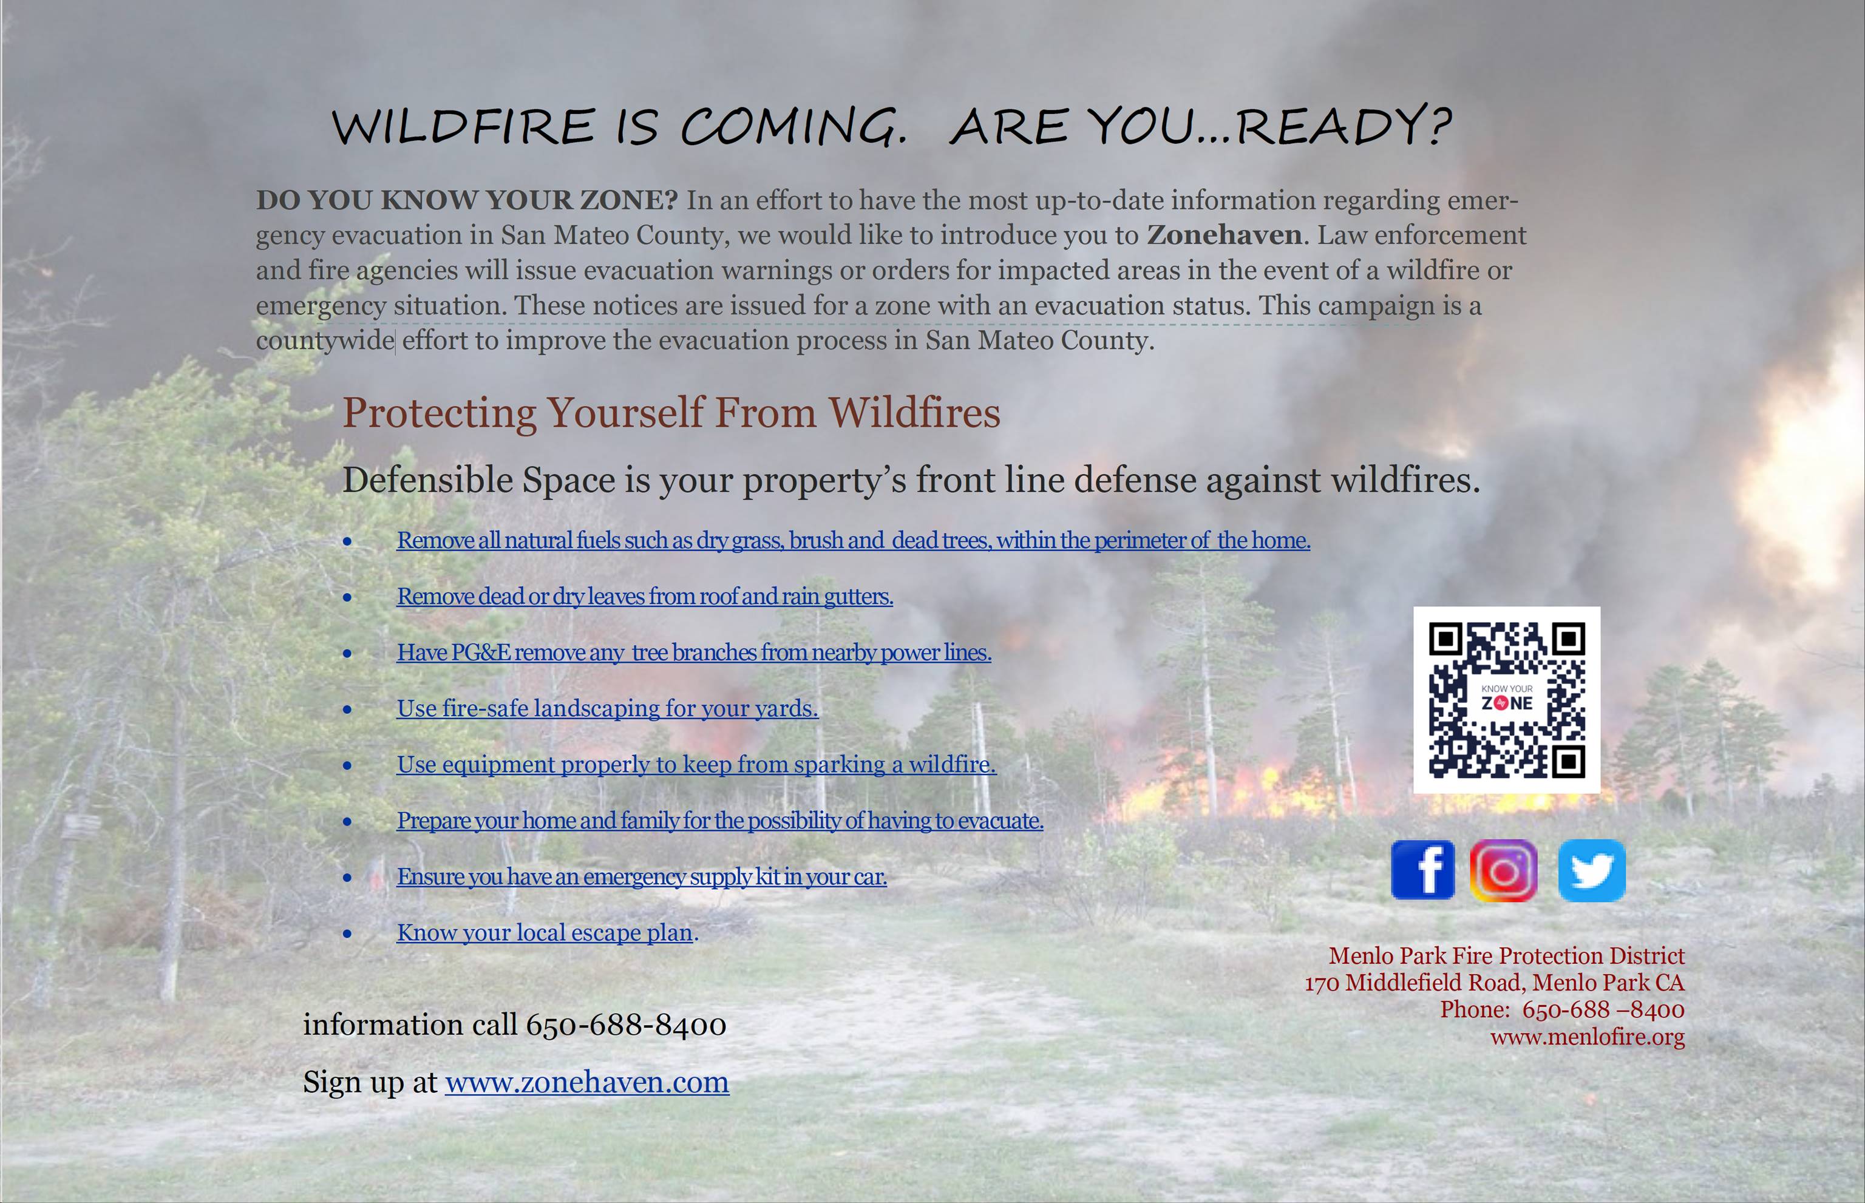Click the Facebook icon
(x=1423, y=870)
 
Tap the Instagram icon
(x=1504, y=870)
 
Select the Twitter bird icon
(x=1592, y=870)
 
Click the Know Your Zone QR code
(x=1506, y=700)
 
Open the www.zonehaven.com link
(x=587, y=1082)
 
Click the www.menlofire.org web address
(x=1588, y=1037)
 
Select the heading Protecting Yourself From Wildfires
(x=671, y=413)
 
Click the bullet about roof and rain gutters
(x=645, y=596)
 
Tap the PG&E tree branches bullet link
(x=694, y=652)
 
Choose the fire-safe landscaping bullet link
(x=607, y=708)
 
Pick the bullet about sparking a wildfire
(x=696, y=764)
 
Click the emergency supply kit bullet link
(x=642, y=876)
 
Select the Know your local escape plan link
(x=545, y=933)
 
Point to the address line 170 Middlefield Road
(x=1495, y=983)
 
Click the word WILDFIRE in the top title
(x=463, y=126)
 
